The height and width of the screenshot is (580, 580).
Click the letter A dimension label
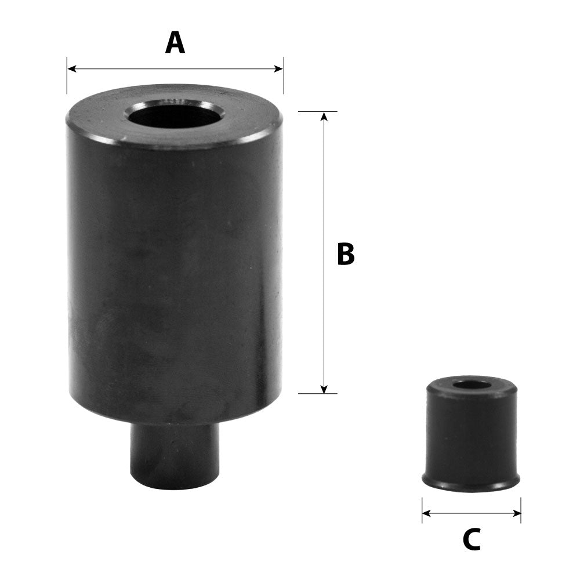point(175,43)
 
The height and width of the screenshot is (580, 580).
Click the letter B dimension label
point(346,255)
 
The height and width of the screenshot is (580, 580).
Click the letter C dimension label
point(472,541)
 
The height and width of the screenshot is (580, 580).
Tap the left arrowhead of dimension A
point(71,68)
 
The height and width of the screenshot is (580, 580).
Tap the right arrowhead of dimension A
point(279,68)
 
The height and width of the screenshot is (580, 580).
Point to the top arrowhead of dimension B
point(324,116)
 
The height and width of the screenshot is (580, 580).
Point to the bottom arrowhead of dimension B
point(324,389)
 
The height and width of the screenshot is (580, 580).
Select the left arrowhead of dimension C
point(426,513)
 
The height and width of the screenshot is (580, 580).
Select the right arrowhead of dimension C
point(517,513)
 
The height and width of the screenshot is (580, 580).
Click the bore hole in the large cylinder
point(175,113)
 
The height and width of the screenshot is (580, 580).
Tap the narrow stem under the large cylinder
point(174,455)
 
